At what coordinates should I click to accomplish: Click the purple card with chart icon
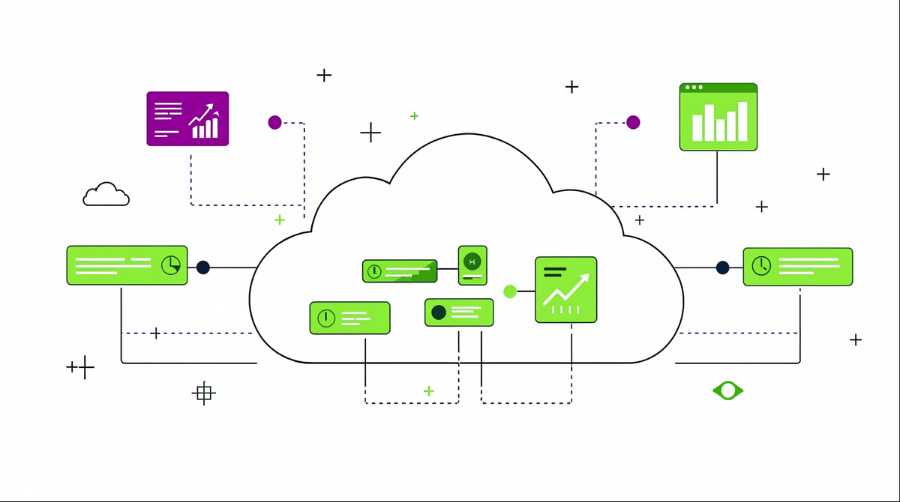187,118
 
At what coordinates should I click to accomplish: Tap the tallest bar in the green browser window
742,121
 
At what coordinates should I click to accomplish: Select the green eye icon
727,390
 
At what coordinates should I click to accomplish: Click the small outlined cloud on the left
106,195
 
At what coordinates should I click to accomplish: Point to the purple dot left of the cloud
274,122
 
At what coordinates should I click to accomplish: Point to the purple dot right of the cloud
633,122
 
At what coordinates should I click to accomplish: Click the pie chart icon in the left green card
171,265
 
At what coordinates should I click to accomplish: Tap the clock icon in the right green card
761,265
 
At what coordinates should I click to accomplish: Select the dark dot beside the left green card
203,267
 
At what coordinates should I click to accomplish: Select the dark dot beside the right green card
722,267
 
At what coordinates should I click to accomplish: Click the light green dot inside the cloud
510,291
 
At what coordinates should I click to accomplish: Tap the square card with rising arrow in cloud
566,290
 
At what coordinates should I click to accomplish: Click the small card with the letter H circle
472,265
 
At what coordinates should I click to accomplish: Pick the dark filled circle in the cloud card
439,312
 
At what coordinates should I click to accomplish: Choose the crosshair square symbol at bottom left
203,393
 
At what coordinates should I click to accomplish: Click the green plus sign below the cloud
429,391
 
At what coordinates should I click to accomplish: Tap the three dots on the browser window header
694,88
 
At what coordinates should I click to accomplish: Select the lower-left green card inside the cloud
349,318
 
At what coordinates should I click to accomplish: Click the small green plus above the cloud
414,116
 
